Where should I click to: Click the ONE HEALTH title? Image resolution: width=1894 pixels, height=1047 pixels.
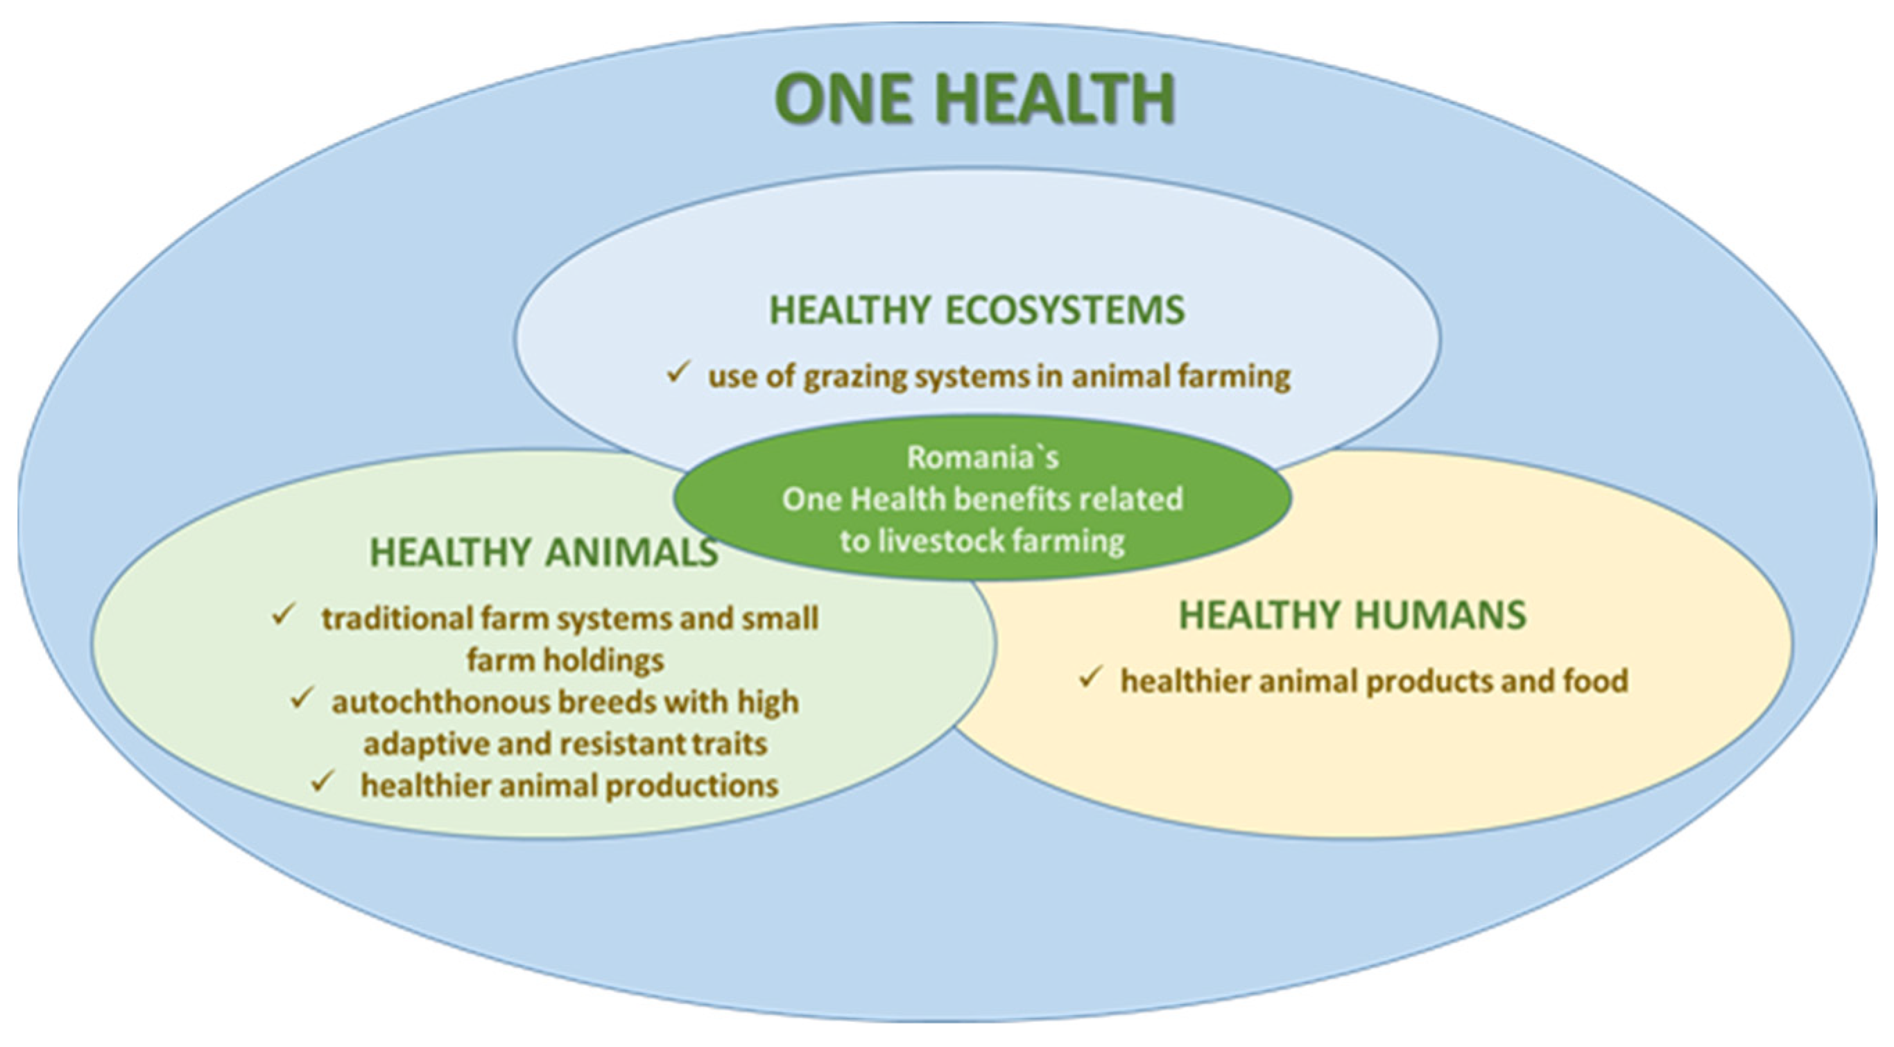[x=975, y=98]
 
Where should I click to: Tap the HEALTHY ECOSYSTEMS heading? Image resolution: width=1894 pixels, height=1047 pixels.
[x=977, y=309]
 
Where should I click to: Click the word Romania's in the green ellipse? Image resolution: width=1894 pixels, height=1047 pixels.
[x=983, y=458]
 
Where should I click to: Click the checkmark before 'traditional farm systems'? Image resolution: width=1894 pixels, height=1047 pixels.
[x=283, y=614]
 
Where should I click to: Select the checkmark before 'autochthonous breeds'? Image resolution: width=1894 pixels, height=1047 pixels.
[x=302, y=698]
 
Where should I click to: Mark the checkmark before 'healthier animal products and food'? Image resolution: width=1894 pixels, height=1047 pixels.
[x=1090, y=677]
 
